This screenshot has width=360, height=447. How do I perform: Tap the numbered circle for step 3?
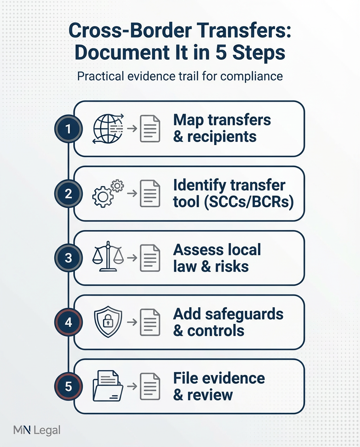[69, 258]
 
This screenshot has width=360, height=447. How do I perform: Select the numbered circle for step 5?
[69, 387]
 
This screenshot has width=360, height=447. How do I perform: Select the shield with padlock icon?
[107, 321]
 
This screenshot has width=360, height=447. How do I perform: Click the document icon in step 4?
[150, 322]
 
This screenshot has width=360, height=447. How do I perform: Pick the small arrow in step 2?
[132, 193]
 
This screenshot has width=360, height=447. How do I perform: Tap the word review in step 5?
[209, 395]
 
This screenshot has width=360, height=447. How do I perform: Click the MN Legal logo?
[37, 430]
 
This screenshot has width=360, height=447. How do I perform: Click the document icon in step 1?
[150, 129]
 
